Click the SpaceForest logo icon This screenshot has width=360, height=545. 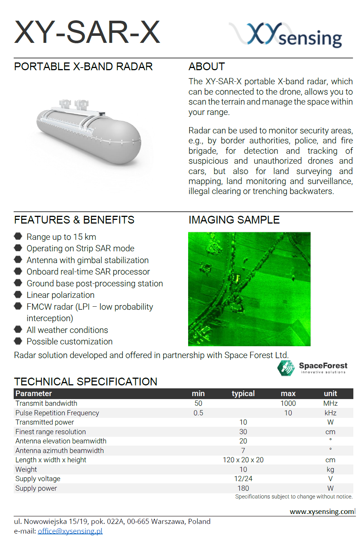coord(286,368)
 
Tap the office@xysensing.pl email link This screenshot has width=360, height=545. coord(70,531)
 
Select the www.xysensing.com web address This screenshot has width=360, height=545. coord(322,511)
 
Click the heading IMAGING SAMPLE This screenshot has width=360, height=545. coord(234,220)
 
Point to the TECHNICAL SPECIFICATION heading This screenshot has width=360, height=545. coord(86,381)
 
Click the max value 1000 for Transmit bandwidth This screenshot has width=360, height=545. coord(288,403)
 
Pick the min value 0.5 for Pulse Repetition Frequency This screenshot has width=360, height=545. coord(198,413)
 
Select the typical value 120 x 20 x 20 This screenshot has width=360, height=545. coord(243,460)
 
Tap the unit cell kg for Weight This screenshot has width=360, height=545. coord(330,469)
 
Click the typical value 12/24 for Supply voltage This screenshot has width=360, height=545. coord(243,478)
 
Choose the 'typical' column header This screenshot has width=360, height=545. coord(243,394)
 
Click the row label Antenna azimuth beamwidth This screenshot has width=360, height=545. coord(60,450)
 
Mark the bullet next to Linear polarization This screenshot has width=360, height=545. coord(18,294)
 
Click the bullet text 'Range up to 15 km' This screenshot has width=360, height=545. coord(61,237)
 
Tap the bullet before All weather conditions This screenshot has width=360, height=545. coord(18,329)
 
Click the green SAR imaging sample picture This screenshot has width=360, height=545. coord(249,289)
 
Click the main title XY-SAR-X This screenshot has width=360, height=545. coord(87,32)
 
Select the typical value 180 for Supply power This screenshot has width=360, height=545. coord(243,488)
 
